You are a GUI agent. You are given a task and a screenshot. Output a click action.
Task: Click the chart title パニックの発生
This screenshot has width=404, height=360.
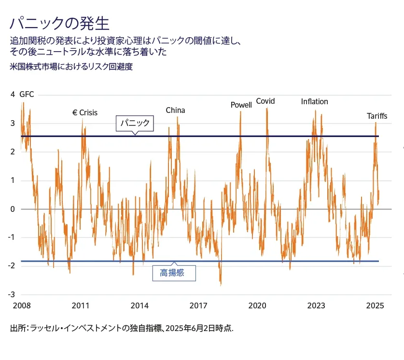click(59, 23)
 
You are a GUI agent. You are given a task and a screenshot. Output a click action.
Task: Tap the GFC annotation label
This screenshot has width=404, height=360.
click(27, 95)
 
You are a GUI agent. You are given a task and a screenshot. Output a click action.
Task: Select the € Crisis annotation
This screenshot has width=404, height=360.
click(85, 112)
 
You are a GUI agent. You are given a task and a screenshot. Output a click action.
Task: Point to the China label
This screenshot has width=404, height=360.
click(175, 110)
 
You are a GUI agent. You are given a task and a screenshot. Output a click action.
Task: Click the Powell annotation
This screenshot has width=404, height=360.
click(241, 105)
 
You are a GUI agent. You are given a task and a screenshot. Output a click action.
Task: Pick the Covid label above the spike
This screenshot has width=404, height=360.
click(265, 101)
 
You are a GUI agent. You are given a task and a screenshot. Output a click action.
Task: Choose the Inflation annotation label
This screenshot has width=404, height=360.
click(314, 101)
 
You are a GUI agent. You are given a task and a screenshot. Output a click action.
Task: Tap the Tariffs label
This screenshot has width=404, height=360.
click(377, 116)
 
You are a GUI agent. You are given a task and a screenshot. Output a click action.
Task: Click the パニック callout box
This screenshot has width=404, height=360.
click(136, 124)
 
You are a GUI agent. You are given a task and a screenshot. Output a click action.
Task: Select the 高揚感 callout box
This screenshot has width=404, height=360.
click(175, 273)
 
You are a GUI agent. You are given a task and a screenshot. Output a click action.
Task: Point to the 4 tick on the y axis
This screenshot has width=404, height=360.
click(13, 95)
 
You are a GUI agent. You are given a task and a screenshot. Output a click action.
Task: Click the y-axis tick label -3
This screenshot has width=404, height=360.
click(11, 294)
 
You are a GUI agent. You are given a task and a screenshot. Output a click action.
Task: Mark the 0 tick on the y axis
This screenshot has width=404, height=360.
click(13, 209)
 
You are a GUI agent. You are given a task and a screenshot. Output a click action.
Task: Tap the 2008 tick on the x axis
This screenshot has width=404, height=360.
click(21, 305)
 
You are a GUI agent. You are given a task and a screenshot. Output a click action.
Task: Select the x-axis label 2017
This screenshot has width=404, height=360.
click(198, 305)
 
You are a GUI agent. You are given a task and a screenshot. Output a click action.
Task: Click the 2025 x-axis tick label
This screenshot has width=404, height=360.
click(375, 305)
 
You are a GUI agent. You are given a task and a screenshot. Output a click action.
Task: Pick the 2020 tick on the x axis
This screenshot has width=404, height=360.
click(257, 305)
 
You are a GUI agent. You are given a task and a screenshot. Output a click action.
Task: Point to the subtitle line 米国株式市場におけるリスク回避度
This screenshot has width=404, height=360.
click(71, 67)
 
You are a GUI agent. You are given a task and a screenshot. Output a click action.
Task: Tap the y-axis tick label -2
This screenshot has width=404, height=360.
click(11, 266)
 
